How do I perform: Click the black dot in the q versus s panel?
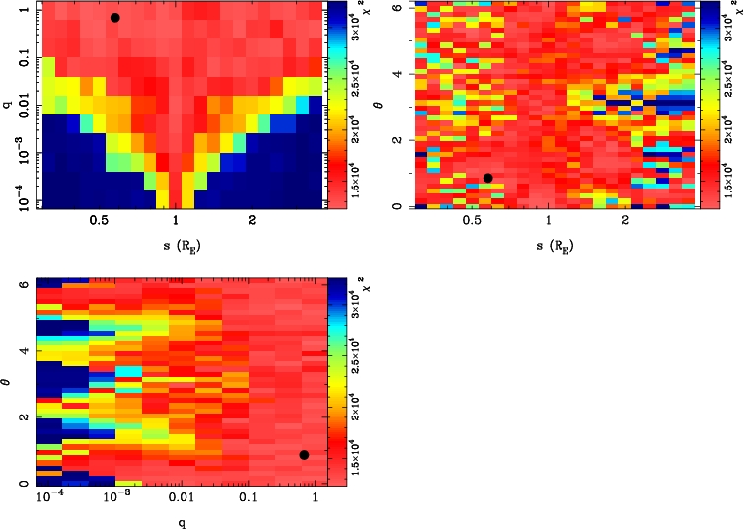click(x=114, y=18)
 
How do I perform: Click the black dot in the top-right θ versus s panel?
click(x=487, y=178)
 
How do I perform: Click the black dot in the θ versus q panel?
click(x=304, y=455)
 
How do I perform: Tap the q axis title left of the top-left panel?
click(x=9, y=99)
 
